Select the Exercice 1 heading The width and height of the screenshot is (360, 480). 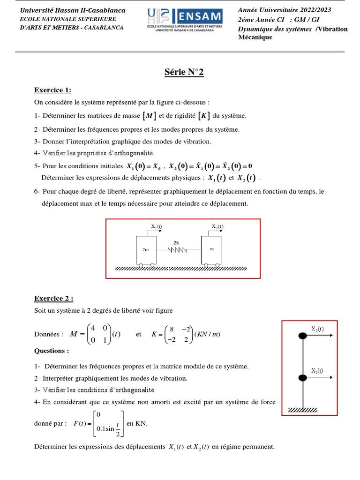[x=52, y=90]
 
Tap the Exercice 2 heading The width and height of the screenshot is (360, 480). [x=53, y=298]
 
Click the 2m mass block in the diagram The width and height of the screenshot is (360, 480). [x=145, y=250]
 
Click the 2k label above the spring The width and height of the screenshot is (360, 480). [x=176, y=243]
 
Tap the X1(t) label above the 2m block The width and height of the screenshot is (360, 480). [x=157, y=226]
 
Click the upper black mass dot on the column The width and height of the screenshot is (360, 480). [x=303, y=335]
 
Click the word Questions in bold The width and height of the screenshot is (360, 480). [x=52, y=351]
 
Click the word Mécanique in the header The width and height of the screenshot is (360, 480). [x=255, y=37]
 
